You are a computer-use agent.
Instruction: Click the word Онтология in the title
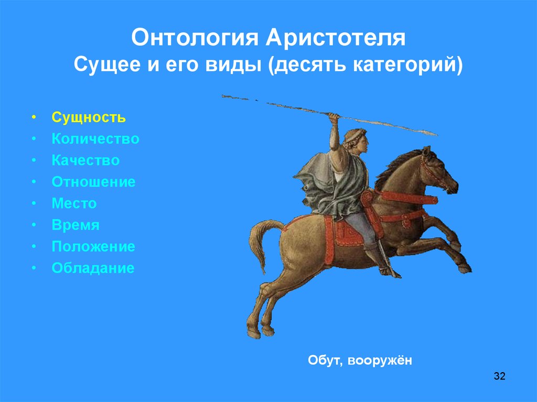click(194, 37)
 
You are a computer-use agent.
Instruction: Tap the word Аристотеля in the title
click(336, 37)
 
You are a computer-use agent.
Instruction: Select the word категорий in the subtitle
click(408, 64)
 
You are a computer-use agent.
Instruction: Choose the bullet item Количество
click(95, 139)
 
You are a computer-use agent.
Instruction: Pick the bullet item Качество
click(85, 160)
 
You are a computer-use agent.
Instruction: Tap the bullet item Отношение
click(93, 182)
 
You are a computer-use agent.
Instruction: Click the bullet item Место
click(74, 203)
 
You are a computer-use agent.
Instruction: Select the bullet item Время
click(76, 225)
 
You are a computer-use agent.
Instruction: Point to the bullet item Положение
click(93, 246)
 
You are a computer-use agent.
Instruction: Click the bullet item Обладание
click(93, 268)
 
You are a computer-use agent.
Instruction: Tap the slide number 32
click(499, 376)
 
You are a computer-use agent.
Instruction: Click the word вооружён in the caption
click(380, 360)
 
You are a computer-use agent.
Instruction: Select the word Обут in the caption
click(325, 361)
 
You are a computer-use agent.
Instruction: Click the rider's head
click(356, 140)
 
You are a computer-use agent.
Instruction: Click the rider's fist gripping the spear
click(334, 117)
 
